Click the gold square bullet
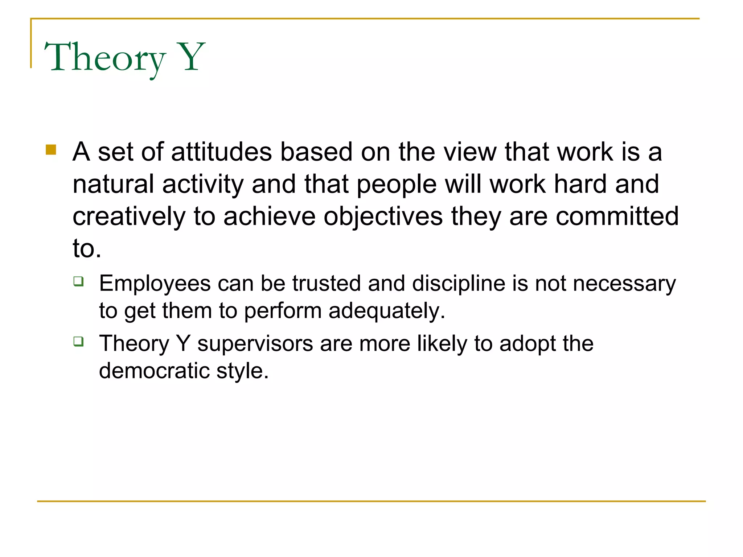tap(51, 150)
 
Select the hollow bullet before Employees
tap(78, 281)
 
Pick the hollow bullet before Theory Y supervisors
tap(78, 342)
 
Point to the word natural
tap(113, 184)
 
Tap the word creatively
tap(129, 216)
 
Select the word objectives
tap(383, 216)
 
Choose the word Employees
tap(155, 284)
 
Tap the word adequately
tap(386, 311)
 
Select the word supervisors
tap(255, 343)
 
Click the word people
tap(397, 185)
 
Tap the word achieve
tap(270, 216)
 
